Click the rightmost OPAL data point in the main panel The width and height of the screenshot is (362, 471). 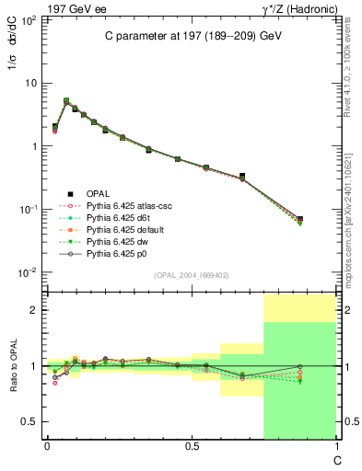tap(299, 219)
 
